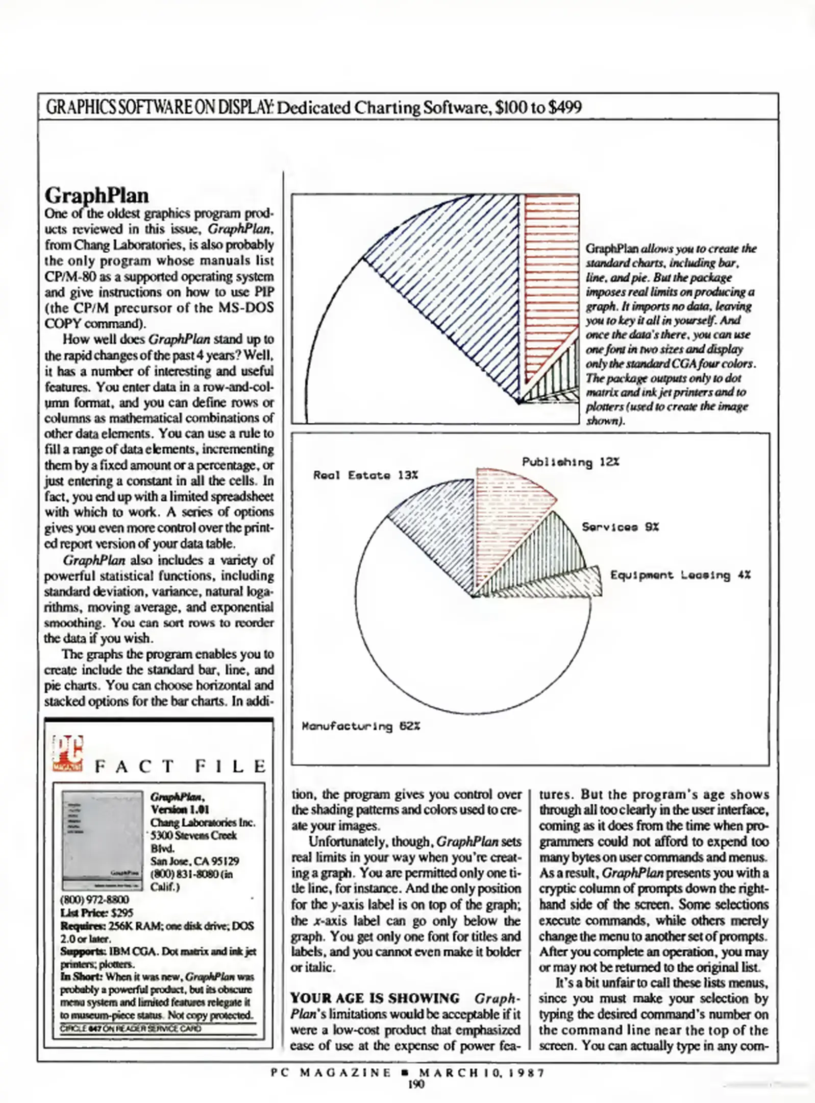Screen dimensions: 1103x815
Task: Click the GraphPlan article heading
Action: (97, 196)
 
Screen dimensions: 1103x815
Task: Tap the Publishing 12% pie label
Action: (571, 462)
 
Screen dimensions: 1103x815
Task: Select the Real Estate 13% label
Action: (365, 475)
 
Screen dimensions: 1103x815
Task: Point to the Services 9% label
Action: (620, 527)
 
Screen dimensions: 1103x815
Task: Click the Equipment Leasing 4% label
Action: (680, 576)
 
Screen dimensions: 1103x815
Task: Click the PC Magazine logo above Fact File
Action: (67, 753)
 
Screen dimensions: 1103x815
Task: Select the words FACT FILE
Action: (180, 766)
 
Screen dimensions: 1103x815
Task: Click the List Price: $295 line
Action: (96, 913)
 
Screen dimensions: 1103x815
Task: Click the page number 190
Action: (416, 1085)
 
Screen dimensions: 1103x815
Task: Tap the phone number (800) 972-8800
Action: (94, 900)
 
